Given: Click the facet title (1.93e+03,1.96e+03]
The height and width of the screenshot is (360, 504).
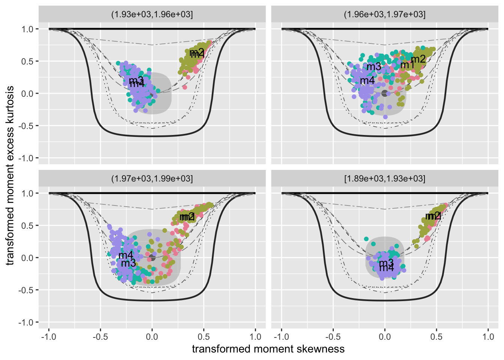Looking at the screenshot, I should tap(152, 15).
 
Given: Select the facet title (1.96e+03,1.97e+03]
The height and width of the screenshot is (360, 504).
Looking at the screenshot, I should tap(385, 15).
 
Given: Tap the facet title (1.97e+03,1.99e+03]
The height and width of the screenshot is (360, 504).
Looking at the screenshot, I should tap(152, 179).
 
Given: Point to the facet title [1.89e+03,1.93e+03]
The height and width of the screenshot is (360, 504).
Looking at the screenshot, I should tap(385, 179).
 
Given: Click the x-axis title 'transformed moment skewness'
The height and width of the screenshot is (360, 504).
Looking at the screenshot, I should tap(268, 349).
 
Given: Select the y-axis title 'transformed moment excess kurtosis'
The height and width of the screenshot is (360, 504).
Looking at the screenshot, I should tap(10, 175).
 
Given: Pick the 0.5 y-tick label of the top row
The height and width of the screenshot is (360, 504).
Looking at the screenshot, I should tap(27, 61).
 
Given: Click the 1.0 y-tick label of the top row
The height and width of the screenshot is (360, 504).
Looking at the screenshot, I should tap(27, 29).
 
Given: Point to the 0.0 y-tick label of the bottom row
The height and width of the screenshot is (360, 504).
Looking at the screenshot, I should tap(27, 258).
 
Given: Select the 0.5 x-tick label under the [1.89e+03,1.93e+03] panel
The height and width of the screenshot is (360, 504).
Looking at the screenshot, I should tap(436, 337).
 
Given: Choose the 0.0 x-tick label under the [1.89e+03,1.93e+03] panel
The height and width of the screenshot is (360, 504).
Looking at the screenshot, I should tap(385, 337).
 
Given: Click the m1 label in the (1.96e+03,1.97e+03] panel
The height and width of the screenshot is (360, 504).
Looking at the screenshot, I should tap(407, 65).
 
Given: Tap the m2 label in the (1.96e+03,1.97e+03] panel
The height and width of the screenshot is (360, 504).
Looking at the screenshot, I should tap(418, 59).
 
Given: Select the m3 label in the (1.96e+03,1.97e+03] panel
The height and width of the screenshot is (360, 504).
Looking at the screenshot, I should tap(373, 67).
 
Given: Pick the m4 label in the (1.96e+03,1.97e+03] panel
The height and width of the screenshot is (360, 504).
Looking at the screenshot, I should tap(367, 81).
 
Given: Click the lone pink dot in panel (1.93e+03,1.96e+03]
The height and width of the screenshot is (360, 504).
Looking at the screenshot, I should tap(184, 87).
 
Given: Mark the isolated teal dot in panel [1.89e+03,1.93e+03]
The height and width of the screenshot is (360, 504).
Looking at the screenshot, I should tap(366, 239).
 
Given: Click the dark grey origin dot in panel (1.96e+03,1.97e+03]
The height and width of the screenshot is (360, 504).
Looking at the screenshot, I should tap(384, 93).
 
